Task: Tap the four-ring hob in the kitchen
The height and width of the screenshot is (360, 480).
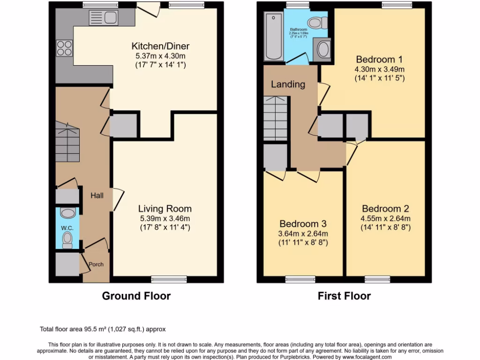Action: click(x=64, y=49)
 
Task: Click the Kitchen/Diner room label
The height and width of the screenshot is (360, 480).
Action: click(x=160, y=46)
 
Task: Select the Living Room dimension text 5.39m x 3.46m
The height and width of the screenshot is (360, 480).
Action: click(x=165, y=218)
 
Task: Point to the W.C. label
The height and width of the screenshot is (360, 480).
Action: click(x=67, y=228)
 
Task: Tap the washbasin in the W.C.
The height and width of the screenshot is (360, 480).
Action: click(x=67, y=213)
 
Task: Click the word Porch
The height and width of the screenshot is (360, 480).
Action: click(x=97, y=264)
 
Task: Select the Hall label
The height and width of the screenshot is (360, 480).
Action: click(x=97, y=195)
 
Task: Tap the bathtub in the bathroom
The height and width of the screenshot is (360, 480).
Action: click(x=273, y=37)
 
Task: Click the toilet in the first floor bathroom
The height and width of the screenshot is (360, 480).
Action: click(x=319, y=22)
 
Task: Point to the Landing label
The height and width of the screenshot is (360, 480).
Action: click(x=288, y=84)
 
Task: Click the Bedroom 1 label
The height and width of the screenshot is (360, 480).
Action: click(x=379, y=60)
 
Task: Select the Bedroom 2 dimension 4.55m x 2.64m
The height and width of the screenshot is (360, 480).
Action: click(x=385, y=218)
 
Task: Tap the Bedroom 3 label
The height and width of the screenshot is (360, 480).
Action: click(x=303, y=224)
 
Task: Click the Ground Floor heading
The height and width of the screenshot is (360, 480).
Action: click(x=136, y=296)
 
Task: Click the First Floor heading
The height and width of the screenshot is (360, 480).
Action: click(x=344, y=296)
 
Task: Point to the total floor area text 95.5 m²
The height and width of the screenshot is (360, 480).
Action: click(x=102, y=330)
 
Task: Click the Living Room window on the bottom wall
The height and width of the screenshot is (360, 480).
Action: click(x=169, y=279)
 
